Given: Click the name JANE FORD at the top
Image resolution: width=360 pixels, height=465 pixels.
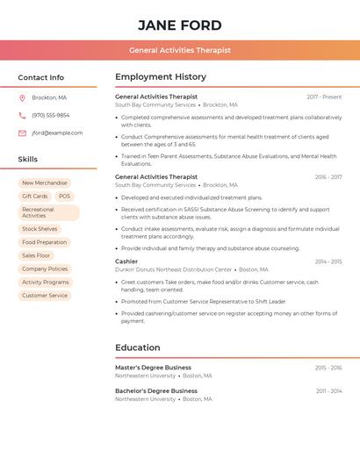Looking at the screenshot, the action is [x=180, y=25].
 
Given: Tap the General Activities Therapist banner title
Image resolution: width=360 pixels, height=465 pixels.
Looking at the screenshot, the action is [x=180, y=50].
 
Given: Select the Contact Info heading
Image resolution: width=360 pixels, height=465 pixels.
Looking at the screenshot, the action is [x=40, y=77].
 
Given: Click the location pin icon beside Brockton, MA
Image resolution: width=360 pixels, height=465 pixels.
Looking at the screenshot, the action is [x=22, y=97].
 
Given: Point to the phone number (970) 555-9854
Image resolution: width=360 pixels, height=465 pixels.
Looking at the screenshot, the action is [x=51, y=115].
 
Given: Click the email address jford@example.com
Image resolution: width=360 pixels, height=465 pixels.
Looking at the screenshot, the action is [x=57, y=132].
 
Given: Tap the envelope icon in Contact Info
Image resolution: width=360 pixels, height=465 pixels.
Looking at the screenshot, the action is [x=22, y=132].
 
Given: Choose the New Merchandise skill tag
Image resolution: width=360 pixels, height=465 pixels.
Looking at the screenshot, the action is [x=44, y=182].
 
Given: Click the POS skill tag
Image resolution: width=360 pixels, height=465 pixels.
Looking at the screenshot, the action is [x=65, y=196].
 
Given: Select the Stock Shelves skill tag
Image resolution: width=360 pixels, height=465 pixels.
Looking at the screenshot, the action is [x=40, y=228].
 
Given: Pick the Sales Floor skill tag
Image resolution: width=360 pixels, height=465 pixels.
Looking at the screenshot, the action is [x=37, y=255].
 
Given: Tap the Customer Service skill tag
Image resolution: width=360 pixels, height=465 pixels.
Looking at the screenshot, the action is [x=45, y=295].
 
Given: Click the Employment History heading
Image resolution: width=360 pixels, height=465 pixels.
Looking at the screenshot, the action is [x=161, y=76].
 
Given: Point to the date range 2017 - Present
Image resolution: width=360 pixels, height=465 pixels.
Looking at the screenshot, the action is [x=324, y=97].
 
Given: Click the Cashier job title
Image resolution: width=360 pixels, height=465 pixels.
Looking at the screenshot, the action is [x=126, y=261].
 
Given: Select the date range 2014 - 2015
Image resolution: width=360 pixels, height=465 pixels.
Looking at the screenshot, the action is [x=328, y=261].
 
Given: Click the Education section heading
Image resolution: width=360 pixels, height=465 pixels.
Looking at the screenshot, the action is [x=138, y=347].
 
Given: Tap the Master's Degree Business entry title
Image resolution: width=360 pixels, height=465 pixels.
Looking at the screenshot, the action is [x=153, y=368].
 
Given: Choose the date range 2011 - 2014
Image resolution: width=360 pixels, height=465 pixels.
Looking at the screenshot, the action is [x=328, y=391].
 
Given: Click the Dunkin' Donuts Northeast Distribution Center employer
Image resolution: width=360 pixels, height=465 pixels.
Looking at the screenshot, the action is [x=174, y=269].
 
